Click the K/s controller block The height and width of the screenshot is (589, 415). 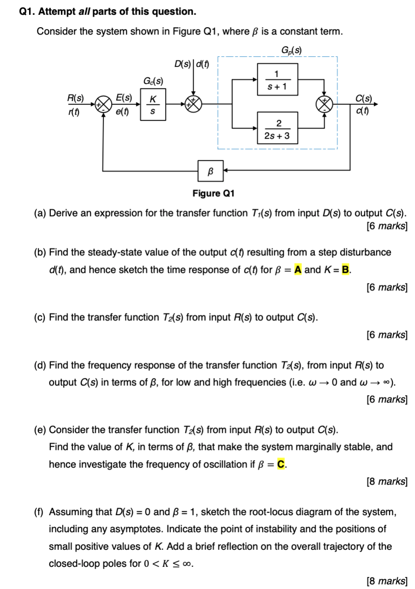click(153, 105)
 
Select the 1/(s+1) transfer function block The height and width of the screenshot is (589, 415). click(276, 79)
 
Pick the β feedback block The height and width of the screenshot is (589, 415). click(211, 171)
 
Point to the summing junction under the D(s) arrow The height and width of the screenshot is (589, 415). click(194, 104)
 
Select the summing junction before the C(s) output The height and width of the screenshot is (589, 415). click(326, 104)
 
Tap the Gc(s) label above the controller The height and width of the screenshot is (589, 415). click(153, 82)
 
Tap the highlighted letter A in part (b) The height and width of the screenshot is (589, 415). click(298, 270)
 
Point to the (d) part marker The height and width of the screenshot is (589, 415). click(40, 365)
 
